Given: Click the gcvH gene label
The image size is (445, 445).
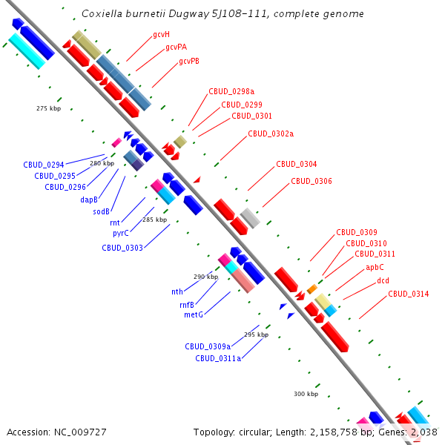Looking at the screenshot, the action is click(161, 35).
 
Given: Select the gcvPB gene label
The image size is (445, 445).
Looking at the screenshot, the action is click(189, 61).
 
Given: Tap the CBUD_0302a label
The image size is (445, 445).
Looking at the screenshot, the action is click(271, 133).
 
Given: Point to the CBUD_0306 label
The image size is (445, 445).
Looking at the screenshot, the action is click(311, 181).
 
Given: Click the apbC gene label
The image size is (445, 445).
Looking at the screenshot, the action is click(375, 267).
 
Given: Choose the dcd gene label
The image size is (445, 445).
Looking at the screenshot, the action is click(383, 280).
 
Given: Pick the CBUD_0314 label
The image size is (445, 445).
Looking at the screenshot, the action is click(409, 294).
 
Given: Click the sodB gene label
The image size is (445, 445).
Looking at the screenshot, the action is click(102, 211).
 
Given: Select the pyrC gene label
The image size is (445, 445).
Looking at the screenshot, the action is click(121, 234).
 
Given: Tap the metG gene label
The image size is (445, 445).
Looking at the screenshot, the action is click(194, 314).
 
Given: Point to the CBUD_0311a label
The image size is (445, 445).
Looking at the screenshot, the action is click(218, 358).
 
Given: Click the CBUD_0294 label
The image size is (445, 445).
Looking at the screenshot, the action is click(44, 165).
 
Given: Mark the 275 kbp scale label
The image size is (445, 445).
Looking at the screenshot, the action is click(48, 108).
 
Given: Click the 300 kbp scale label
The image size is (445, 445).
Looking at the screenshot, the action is click(306, 394).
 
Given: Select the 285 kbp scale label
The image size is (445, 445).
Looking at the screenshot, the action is click(155, 220).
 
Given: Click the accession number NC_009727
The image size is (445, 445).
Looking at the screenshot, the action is click(80, 432).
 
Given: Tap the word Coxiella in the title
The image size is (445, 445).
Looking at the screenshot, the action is click(102, 13).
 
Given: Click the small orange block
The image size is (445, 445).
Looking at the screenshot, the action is click(312, 289).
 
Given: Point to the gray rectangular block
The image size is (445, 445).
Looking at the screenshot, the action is click(250, 218).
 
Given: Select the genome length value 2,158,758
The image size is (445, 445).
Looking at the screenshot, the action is click(334, 432).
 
